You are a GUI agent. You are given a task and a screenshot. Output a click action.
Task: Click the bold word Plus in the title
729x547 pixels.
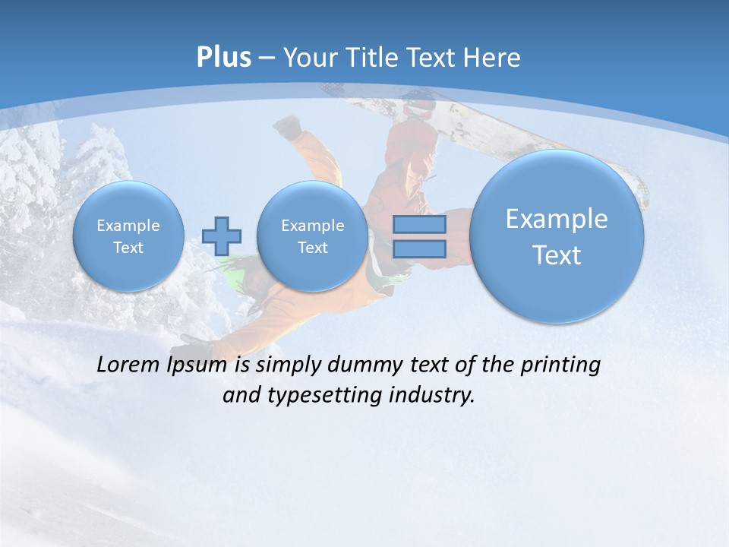[223, 57]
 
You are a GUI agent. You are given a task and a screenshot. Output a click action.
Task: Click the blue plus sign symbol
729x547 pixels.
[222, 236]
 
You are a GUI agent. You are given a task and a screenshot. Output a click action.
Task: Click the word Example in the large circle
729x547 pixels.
[557, 220]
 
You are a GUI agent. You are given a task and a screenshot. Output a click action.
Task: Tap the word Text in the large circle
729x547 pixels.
[557, 255]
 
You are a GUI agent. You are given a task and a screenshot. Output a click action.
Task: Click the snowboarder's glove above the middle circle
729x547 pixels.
[288, 127]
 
